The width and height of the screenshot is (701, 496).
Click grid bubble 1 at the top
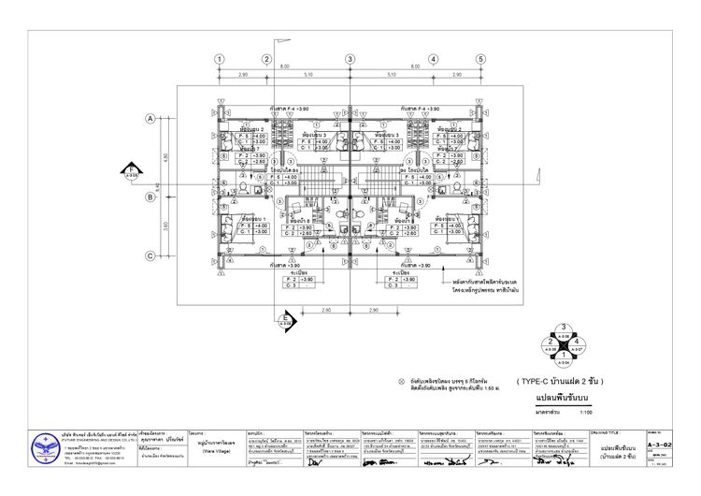[219, 58]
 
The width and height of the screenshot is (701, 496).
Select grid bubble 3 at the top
[350, 58]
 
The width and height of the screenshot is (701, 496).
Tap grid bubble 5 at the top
[480, 58]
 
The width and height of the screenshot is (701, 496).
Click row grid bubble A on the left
[149, 119]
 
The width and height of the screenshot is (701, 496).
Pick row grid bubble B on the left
[149, 197]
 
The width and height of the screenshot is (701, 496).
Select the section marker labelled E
[286, 321]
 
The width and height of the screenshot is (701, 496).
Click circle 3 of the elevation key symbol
[564, 328]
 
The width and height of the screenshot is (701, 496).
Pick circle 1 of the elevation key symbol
[564, 357]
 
